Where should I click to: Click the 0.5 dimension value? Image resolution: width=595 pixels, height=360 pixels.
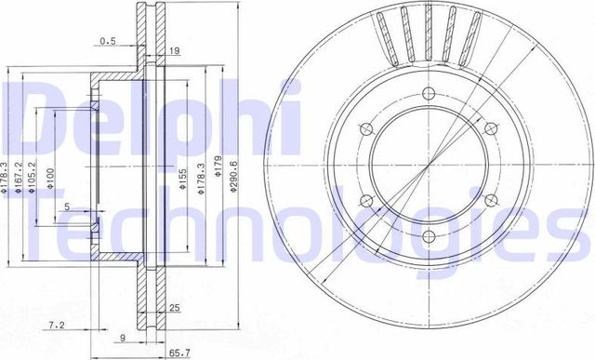(x=110, y=41)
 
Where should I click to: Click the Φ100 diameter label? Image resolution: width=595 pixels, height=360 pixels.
(x=50, y=174)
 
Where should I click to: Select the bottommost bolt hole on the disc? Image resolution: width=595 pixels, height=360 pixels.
(x=429, y=237)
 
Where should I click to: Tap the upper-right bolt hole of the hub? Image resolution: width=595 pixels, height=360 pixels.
(x=491, y=127)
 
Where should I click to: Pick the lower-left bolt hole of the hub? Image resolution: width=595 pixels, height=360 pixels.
(x=365, y=200)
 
